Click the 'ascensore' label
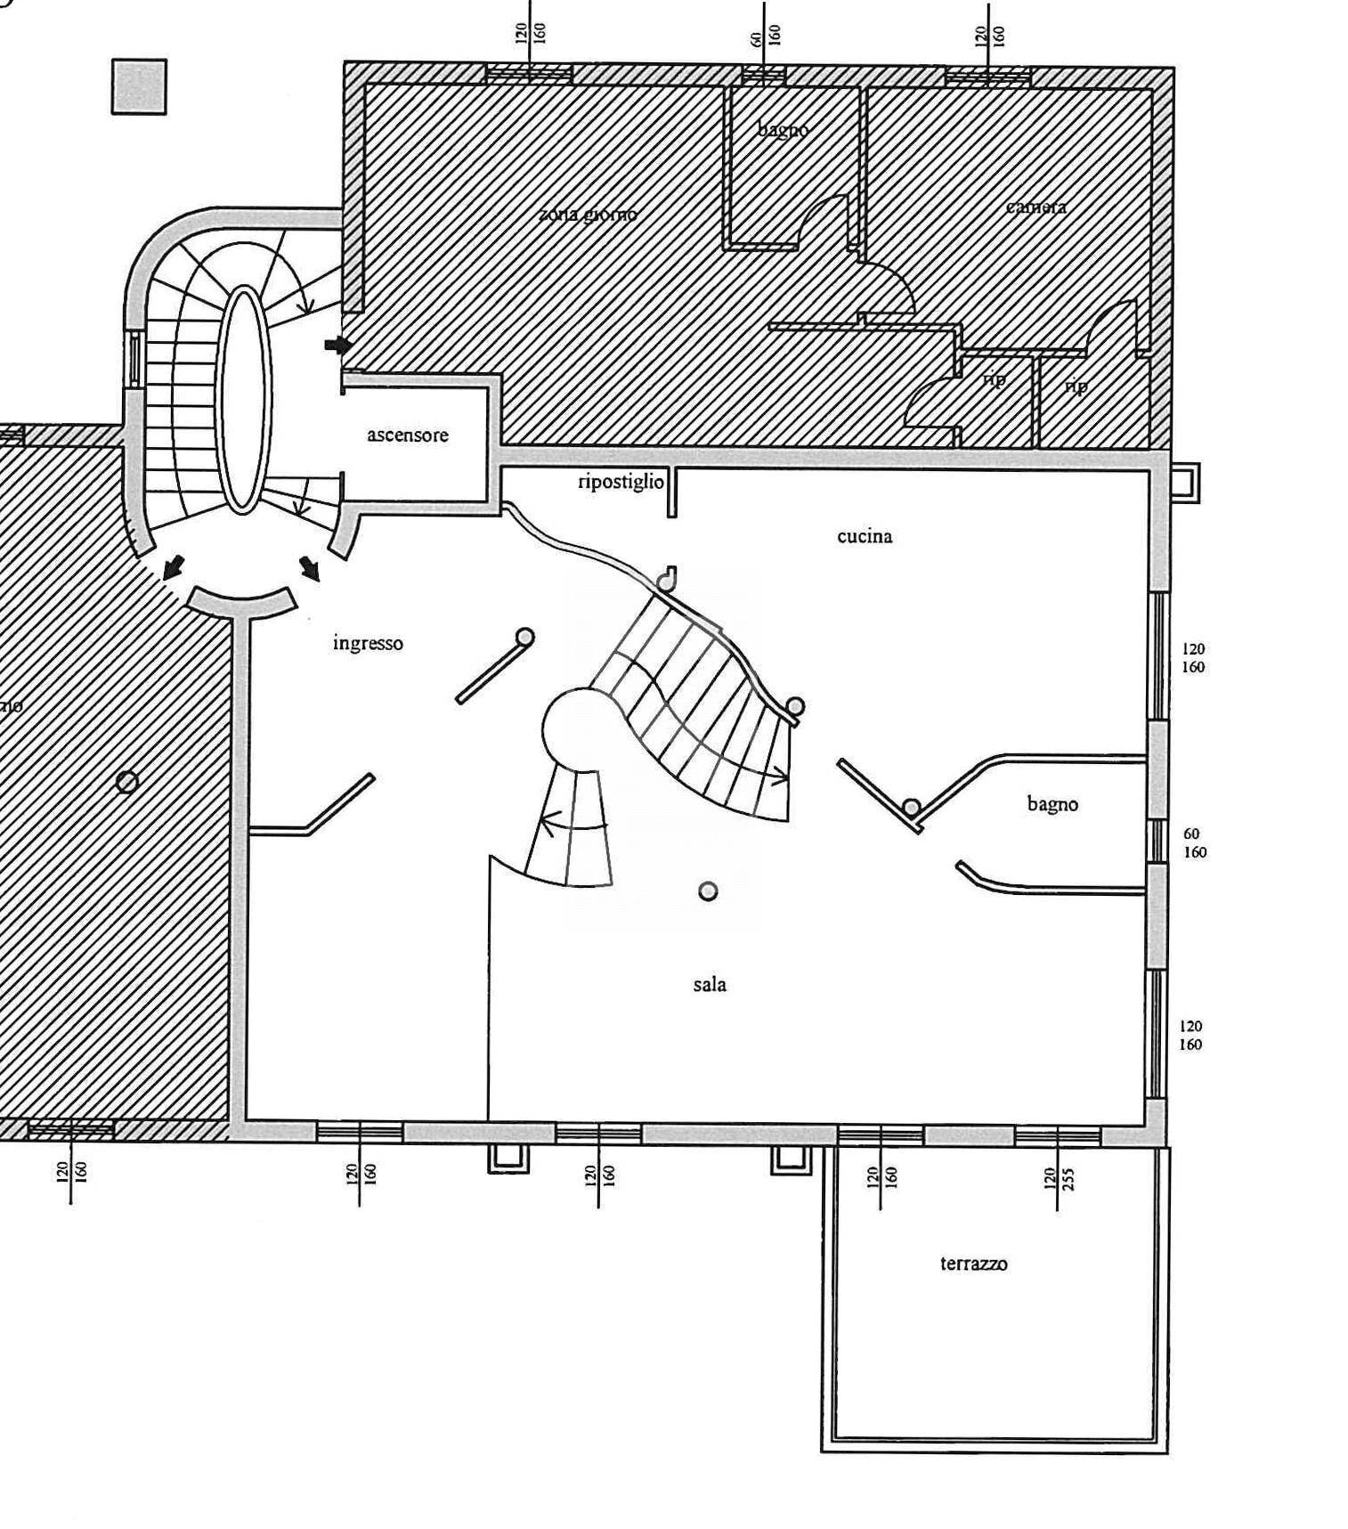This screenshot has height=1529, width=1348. [x=408, y=435]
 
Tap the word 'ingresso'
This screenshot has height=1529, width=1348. [x=368, y=643]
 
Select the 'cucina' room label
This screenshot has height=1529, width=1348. [x=865, y=536]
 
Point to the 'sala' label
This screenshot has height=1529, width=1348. [x=710, y=984]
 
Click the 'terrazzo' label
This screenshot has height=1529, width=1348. [x=974, y=1264]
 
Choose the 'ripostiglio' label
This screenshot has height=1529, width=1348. [x=621, y=482]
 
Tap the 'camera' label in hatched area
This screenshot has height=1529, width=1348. [x=1036, y=207]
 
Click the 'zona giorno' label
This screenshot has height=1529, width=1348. [x=589, y=215]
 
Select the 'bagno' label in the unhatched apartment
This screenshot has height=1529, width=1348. [x=1052, y=804]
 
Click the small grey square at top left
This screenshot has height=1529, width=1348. [x=139, y=86]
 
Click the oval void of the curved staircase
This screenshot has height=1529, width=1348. [x=243, y=399]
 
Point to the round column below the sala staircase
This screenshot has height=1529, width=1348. [x=708, y=891]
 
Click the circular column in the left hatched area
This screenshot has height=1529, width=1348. [x=127, y=782]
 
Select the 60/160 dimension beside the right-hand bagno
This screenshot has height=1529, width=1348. [x=1193, y=842]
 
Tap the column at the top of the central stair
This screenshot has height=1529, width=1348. [x=666, y=581]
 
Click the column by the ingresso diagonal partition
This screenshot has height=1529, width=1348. [x=525, y=637]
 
